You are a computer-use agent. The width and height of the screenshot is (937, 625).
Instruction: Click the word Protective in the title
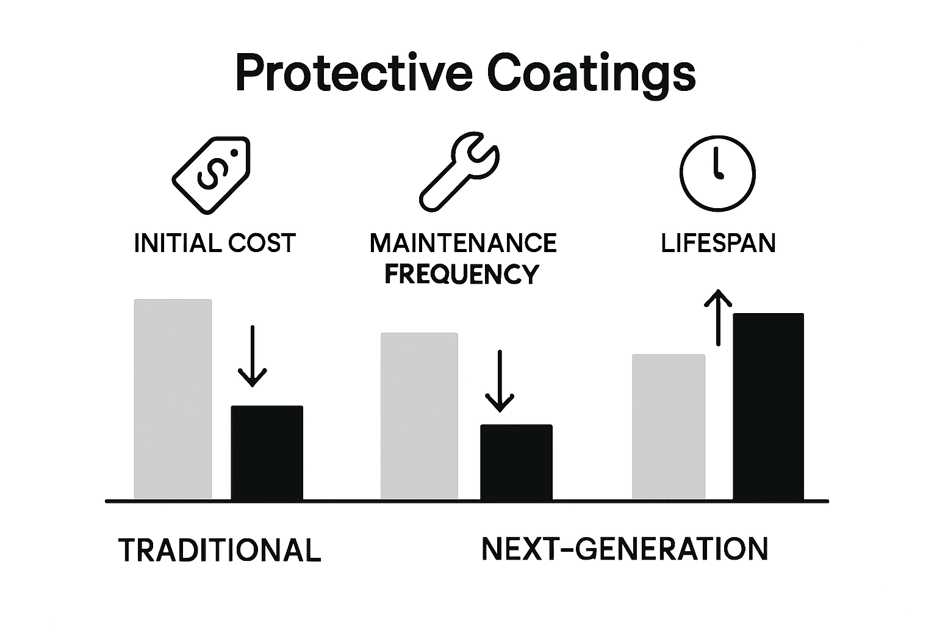tap(353, 73)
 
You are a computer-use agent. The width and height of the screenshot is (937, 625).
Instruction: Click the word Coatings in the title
tap(591, 73)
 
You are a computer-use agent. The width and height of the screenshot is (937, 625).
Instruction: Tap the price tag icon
tap(211, 175)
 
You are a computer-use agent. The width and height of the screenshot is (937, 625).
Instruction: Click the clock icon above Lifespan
tap(717, 173)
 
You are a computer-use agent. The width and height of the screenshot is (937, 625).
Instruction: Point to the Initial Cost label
tap(215, 243)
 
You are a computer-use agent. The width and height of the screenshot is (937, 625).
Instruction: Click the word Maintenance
tap(463, 243)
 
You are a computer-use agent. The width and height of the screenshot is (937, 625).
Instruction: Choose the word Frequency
tap(462, 274)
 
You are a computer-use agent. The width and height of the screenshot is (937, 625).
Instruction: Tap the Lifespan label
tap(718, 243)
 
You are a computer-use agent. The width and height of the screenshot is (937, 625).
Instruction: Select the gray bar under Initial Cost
tap(173, 399)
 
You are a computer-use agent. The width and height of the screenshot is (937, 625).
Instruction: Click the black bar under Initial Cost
tap(267, 452)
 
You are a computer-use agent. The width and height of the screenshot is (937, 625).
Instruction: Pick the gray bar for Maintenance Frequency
tap(419, 416)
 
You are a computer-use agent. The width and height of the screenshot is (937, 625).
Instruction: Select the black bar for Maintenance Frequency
tap(516, 462)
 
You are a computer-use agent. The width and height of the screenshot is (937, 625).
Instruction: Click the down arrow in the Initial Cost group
tap(252, 356)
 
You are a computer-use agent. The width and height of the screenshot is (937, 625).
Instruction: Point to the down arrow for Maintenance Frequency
tap(500, 381)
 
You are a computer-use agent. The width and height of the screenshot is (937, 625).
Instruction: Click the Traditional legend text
tap(220, 550)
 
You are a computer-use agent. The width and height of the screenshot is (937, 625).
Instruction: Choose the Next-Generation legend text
tap(625, 549)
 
